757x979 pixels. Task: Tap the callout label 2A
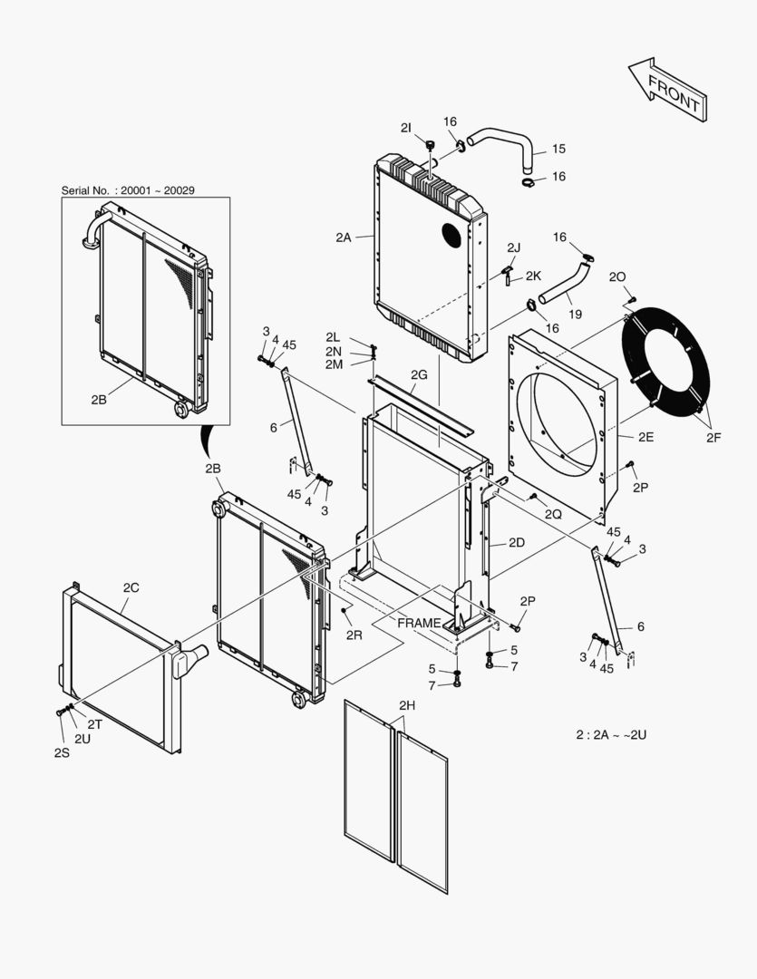(342, 237)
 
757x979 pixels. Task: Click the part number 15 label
(558, 149)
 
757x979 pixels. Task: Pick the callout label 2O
(616, 276)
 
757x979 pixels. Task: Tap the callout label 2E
(645, 436)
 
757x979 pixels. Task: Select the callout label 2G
(418, 374)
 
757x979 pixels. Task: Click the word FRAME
(419, 624)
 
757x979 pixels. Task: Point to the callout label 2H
(406, 704)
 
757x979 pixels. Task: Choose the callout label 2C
(131, 587)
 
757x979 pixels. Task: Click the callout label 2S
(61, 752)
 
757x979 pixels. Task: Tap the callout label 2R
(354, 635)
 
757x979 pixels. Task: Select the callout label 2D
(517, 542)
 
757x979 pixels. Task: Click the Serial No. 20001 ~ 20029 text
(128, 190)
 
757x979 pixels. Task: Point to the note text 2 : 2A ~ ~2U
(611, 734)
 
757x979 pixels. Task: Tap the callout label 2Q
(553, 514)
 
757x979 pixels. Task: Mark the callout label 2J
(514, 247)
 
